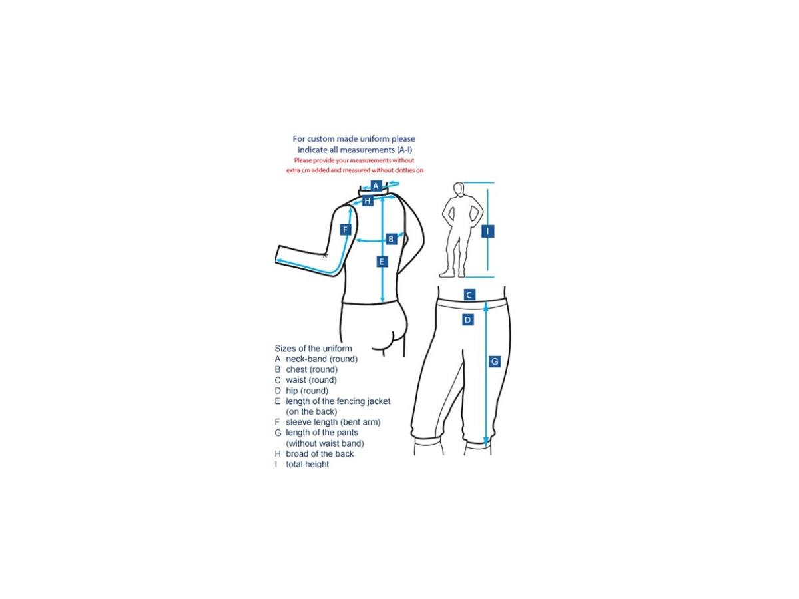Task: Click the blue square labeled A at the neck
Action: (x=376, y=186)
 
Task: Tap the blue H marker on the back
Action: (x=368, y=200)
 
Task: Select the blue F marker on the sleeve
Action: (x=345, y=230)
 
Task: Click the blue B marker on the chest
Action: (x=391, y=239)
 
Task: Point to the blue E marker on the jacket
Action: (x=382, y=261)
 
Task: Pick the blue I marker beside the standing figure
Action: (x=488, y=231)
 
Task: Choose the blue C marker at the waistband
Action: (x=469, y=295)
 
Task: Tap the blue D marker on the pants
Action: (x=468, y=320)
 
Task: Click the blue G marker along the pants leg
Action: (x=494, y=361)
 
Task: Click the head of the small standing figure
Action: (x=459, y=189)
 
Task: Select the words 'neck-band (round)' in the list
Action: (x=322, y=359)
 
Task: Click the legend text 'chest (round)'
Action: (x=312, y=369)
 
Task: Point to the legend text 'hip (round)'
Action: (x=307, y=391)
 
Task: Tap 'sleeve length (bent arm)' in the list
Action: (x=333, y=422)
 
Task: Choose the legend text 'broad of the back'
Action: (x=320, y=453)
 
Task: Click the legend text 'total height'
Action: (x=307, y=464)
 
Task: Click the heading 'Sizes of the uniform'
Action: (x=313, y=348)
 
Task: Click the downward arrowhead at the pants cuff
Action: (x=486, y=443)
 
